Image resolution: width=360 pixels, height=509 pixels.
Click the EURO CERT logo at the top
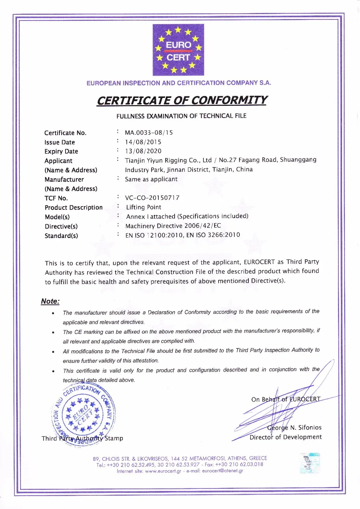point(178,50)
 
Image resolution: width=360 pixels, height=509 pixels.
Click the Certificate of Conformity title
point(182,100)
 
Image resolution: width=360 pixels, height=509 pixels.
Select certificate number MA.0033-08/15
point(149,132)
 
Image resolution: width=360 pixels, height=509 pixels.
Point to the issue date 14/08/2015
point(143,142)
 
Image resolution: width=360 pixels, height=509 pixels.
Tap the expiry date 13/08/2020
point(143,151)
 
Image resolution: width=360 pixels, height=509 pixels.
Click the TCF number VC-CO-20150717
point(152,198)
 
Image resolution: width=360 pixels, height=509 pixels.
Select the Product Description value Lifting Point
point(144,207)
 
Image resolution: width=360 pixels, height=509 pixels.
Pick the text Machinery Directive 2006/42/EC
point(173,226)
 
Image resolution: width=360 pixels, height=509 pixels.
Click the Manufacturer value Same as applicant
point(151,179)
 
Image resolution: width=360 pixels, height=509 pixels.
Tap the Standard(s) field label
point(61,236)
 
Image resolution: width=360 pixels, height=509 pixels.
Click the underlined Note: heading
point(50,301)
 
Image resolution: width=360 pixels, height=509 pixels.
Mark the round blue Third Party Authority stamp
point(84,414)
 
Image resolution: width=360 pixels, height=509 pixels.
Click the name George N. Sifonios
point(294,428)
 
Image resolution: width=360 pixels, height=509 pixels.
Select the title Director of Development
point(285,437)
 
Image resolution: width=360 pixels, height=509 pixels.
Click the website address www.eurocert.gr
point(163,471)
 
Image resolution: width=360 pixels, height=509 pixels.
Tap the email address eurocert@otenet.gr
point(222,471)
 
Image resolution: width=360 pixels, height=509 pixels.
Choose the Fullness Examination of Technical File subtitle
point(181,116)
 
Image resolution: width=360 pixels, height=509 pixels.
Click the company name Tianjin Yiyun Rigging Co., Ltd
point(168,160)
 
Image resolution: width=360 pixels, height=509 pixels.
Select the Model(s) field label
point(57,217)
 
